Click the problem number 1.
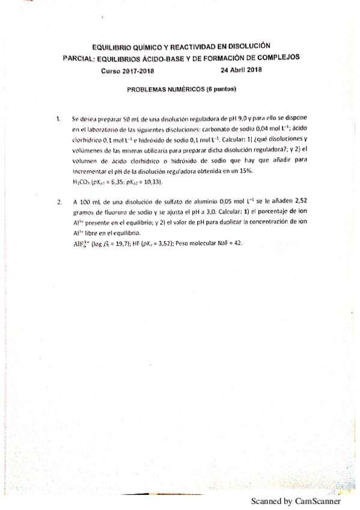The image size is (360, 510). pos(58,118)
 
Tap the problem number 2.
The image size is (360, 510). pos(58,202)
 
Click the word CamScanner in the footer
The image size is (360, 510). pos(317,500)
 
